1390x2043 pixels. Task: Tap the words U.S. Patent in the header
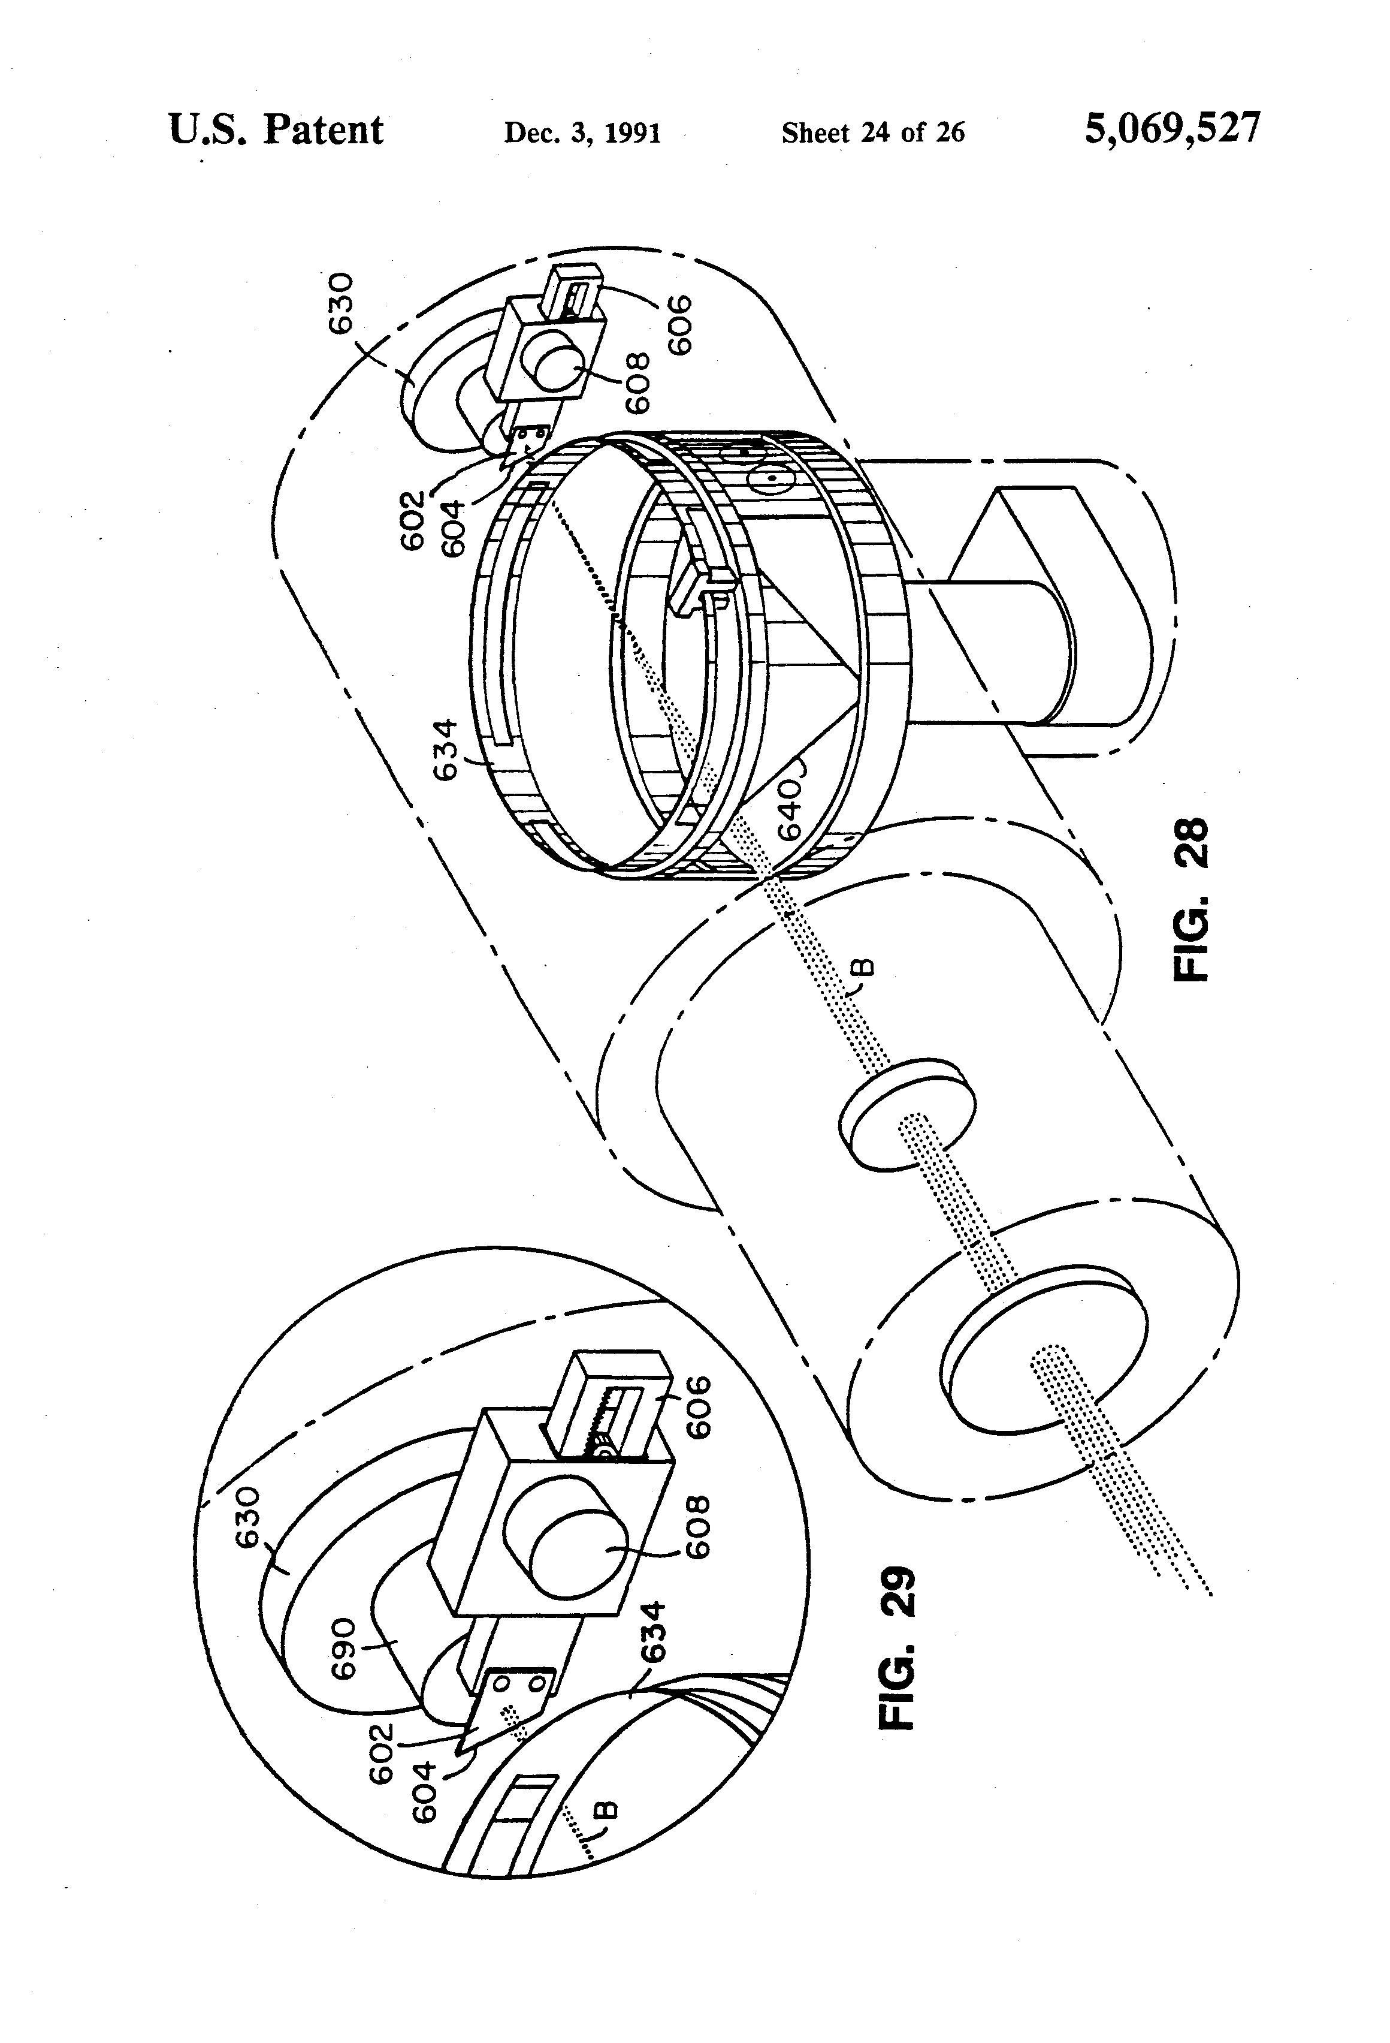pyautogui.click(x=276, y=131)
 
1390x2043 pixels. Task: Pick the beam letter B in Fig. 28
pyautogui.click(x=864, y=967)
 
